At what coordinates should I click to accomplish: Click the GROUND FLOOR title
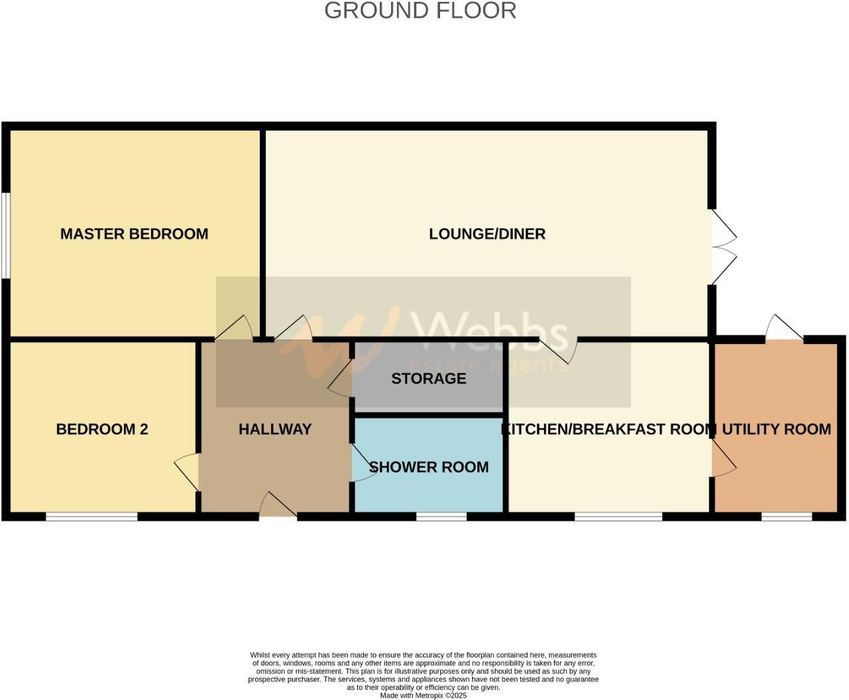[x=420, y=11]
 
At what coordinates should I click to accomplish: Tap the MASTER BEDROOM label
[x=134, y=234]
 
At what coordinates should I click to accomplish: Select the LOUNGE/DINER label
[x=487, y=234]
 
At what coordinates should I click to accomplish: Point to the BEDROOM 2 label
[x=102, y=429]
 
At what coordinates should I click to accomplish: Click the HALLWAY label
[x=275, y=429]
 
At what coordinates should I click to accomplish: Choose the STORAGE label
[x=429, y=379]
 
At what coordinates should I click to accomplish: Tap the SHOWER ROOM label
[x=429, y=467]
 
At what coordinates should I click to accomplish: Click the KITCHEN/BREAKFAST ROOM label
[x=608, y=429]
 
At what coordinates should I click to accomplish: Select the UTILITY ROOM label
[x=776, y=429]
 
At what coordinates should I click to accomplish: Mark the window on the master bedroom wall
[x=5, y=235]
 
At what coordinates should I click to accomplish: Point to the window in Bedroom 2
[x=91, y=516]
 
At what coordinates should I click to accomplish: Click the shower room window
[x=441, y=516]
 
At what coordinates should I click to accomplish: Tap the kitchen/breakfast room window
[x=618, y=516]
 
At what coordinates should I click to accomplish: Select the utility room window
[x=787, y=516]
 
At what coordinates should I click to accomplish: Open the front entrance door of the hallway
[x=278, y=507]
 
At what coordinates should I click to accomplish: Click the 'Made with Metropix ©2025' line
[x=424, y=696]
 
